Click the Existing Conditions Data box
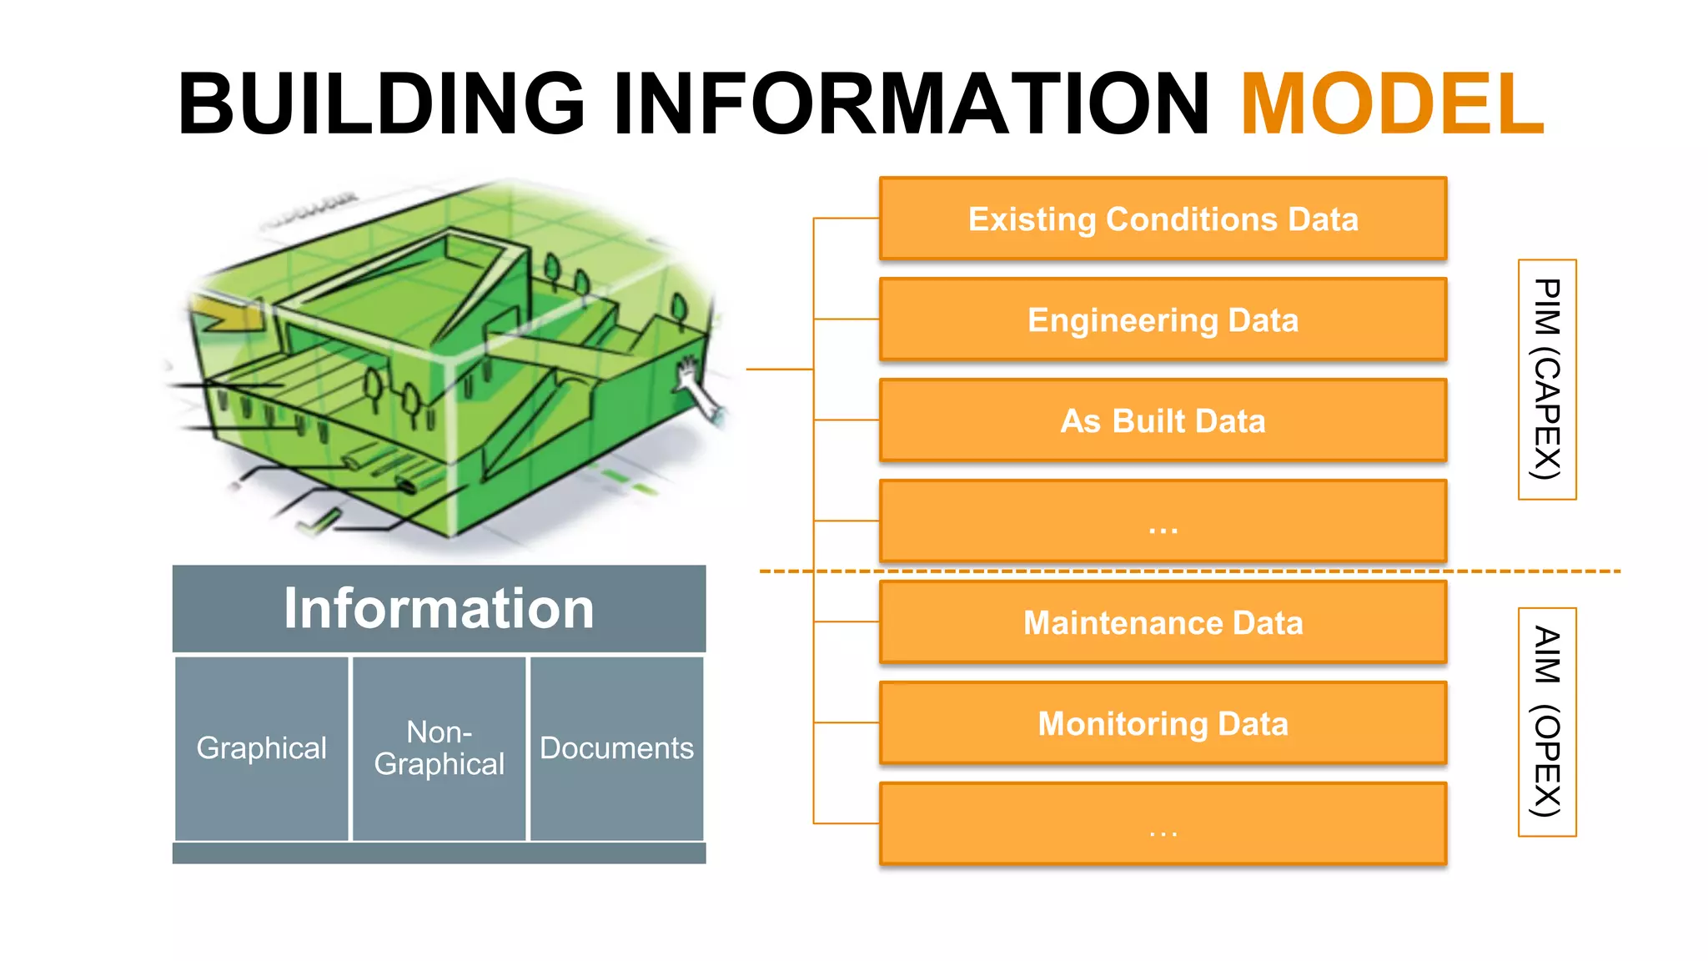click(x=1163, y=219)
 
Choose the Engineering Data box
click(x=1163, y=320)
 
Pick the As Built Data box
click(x=1163, y=421)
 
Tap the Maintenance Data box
click(x=1163, y=623)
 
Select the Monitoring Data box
click(x=1163, y=724)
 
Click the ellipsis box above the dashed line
click(x=1163, y=521)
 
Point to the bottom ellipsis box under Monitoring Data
click(x=1163, y=824)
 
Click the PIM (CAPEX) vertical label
click(x=1547, y=380)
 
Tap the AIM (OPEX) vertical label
click(x=1547, y=722)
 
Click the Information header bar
click(x=439, y=608)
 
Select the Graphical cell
click(x=261, y=748)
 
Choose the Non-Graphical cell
click(x=439, y=748)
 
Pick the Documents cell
click(x=616, y=748)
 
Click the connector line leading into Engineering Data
click(x=846, y=319)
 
